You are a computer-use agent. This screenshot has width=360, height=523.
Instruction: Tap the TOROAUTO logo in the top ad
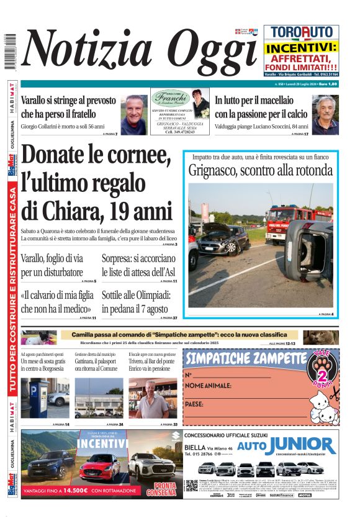coord(301,33)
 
